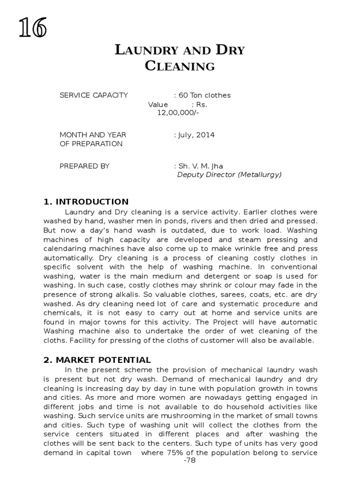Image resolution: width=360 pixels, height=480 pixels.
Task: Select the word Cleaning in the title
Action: [x=180, y=66]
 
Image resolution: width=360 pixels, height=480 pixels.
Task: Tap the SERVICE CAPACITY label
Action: [x=94, y=95]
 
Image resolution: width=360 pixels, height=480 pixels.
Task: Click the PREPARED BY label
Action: [x=84, y=166]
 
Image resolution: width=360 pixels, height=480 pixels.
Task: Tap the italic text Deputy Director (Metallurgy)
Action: [x=229, y=175]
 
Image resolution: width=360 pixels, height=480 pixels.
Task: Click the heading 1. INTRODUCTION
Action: [x=86, y=202]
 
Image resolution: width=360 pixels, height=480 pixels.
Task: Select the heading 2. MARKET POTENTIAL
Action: [x=97, y=360]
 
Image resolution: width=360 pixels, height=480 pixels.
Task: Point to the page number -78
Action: [x=190, y=462]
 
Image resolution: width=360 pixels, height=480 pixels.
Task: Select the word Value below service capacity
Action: [x=158, y=105]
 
